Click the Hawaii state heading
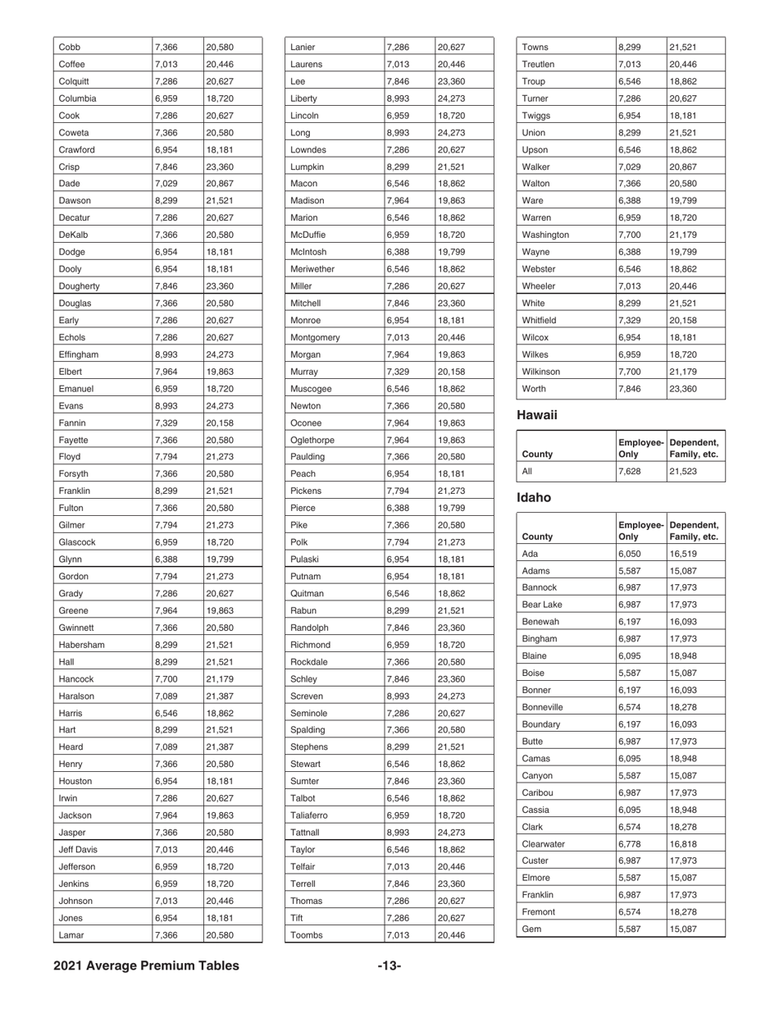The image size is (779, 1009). [x=537, y=415]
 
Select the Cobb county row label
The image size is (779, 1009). [x=71, y=47]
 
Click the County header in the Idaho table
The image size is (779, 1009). [x=537, y=537]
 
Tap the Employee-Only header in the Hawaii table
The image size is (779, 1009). [x=640, y=447]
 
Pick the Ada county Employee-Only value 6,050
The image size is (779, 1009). [x=629, y=555]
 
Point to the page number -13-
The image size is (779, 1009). [x=389, y=966]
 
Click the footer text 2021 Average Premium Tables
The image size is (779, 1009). [x=147, y=966]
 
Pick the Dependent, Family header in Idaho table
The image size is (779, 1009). [x=695, y=530]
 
